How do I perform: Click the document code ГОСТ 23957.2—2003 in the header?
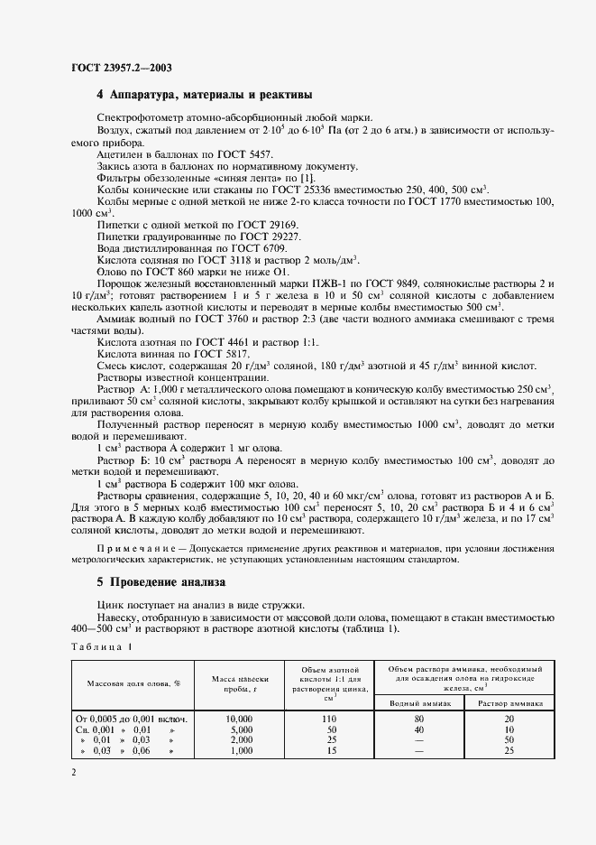pos(122,67)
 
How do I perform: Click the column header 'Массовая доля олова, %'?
pos(133,683)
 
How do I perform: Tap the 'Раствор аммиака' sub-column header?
pos(510,701)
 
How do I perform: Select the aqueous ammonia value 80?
pos(420,718)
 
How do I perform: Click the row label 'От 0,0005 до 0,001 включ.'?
pos(132,718)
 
